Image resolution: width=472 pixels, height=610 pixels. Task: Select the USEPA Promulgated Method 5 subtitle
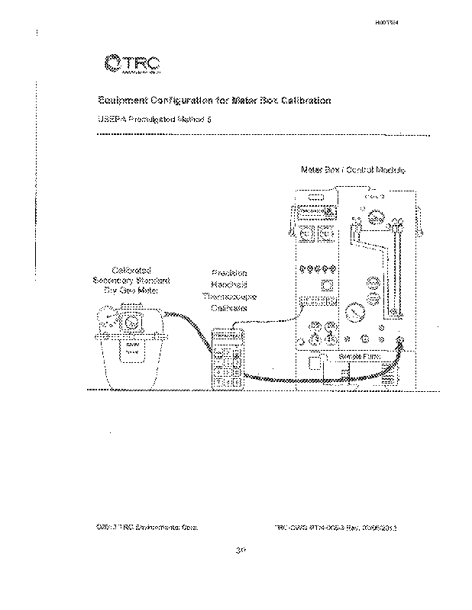(148, 120)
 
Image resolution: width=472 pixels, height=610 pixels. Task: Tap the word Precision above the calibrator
(229, 273)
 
